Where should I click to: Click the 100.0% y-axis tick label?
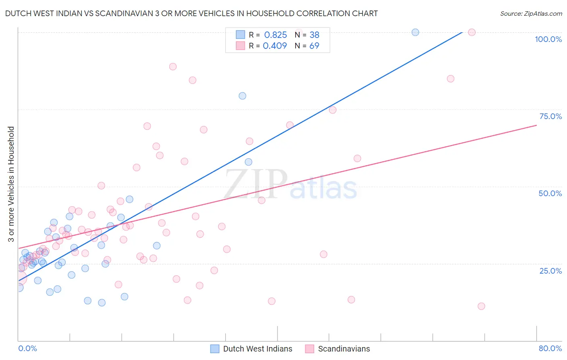(548, 39)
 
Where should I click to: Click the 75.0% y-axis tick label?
(550, 116)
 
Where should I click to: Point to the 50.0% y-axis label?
(550, 193)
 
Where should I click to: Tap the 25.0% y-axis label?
(550, 271)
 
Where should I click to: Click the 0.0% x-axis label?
(27, 348)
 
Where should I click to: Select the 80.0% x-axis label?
(550, 348)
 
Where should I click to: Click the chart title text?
(191, 13)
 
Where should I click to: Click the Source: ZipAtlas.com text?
(531, 13)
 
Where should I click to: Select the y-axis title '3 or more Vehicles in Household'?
(11, 184)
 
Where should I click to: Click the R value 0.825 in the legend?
(275, 35)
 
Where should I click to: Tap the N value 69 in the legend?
(314, 46)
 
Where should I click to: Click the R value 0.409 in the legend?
(275, 46)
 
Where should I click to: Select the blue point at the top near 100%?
(415, 32)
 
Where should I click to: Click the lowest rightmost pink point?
(481, 306)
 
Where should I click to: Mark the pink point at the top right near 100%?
(472, 32)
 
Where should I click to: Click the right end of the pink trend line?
(536, 125)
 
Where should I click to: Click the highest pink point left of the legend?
(173, 67)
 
